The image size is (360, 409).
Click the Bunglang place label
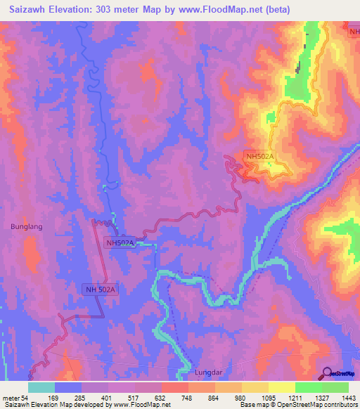click(x=27, y=227)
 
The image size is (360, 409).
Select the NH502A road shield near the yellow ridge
click(x=260, y=156)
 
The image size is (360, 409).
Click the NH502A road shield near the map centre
click(x=120, y=243)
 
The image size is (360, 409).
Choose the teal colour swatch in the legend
click(x=41, y=387)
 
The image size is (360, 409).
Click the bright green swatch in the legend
click(x=309, y=387)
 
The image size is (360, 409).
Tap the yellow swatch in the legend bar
click(x=282, y=387)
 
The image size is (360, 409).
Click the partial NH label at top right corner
click(x=354, y=32)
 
